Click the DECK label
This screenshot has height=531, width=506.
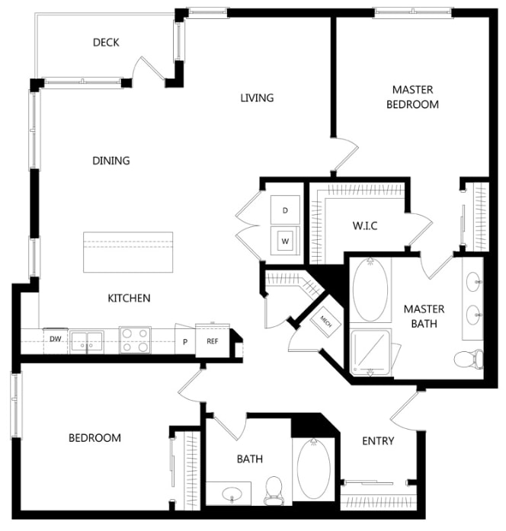coord(106,43)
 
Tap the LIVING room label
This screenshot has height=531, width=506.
coord(257,98)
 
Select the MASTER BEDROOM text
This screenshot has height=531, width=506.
coord(412,97)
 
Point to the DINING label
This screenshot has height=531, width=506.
coord(111,161)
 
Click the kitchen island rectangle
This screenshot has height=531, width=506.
coord(127,253)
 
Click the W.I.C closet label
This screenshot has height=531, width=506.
coord(366,226)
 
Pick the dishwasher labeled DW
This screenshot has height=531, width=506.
coord(56,340)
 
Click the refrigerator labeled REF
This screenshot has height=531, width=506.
coord(212,341)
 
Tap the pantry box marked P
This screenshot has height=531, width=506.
coord(184,341)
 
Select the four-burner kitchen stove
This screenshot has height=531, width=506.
coord(135,340)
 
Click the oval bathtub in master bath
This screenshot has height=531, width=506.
coord(370,289)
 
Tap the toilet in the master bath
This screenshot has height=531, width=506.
coord(468,358)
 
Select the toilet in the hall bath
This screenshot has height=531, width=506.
coord(274,491)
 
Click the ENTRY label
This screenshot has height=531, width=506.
coord(378,441)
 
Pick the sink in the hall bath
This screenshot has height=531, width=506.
coord(229,493)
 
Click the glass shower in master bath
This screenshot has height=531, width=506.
coord(372,352)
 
